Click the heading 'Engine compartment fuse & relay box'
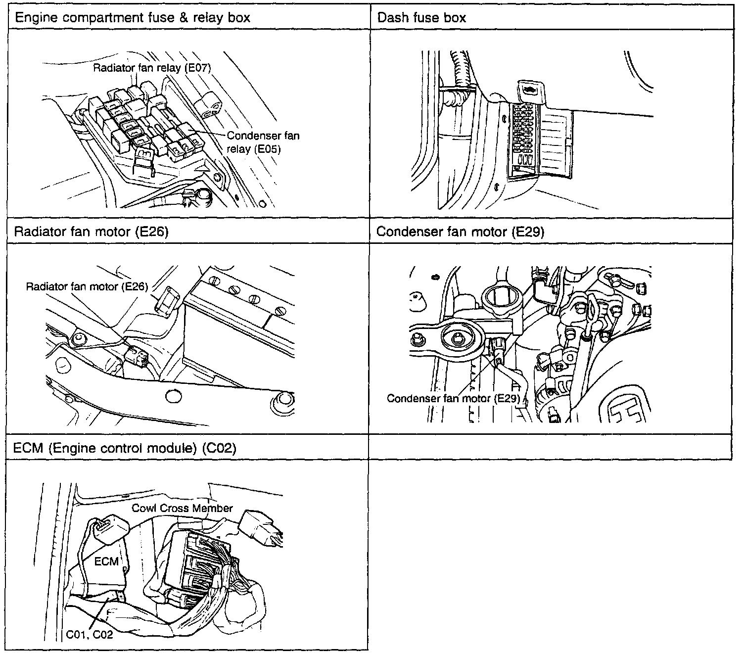pos(132,18)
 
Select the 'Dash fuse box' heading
pos(421,18)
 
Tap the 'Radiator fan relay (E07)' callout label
pos(152,68)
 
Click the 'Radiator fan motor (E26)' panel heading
pos(91,232)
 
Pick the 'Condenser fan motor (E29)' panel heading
pos(460,232)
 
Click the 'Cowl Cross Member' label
pos(182,508)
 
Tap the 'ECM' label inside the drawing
pos(106,561)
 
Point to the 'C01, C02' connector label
pos(90,634)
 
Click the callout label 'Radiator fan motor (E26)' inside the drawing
pos(87,286)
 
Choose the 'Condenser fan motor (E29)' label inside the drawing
pos(452,398)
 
